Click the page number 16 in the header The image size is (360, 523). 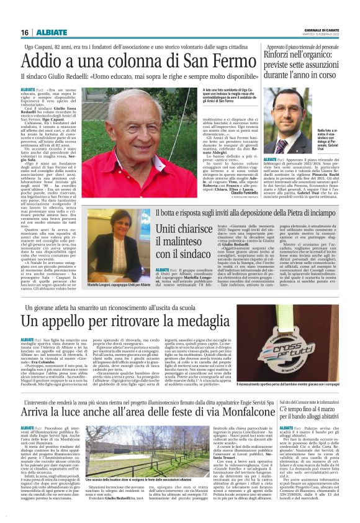[25, 32]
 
